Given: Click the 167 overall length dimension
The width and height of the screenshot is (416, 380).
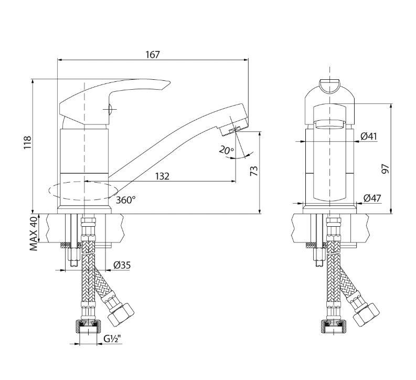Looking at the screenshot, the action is tap(153, 55).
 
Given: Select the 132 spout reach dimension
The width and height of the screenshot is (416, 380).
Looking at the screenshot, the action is tap(162, 176).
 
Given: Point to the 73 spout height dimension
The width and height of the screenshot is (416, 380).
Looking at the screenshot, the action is tap(254, 171).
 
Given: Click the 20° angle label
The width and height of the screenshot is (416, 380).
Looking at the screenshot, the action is tap(226, 151).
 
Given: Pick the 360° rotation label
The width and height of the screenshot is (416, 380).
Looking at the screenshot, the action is tap(126, 200).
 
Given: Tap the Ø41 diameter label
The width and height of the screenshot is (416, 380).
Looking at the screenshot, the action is tap(369, 136).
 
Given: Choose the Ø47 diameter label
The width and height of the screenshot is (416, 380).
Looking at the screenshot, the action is tap(372, 198).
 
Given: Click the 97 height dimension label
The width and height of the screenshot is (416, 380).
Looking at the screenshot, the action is tap(385, 169).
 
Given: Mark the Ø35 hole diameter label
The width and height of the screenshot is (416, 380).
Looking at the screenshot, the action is tap(122, 265).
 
